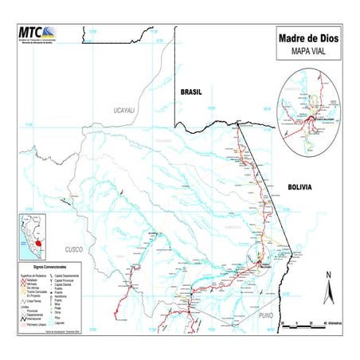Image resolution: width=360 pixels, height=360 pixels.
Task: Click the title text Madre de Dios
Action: click(x=306, y=37)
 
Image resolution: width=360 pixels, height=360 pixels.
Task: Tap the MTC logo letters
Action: click(x=31, y=33)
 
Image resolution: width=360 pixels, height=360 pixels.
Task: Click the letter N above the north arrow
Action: click(x=327, y=276)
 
